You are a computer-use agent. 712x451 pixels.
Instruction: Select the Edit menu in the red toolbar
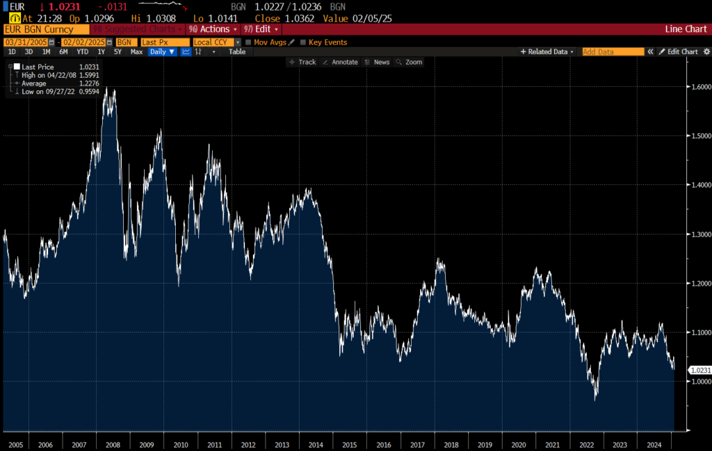click(x=261, y=29)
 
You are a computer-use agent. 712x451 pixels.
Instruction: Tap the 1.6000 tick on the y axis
click(x=699, y=87)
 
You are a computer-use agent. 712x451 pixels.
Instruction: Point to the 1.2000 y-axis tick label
click(x=699, y=284)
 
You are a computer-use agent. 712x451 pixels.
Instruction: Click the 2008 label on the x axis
click(x=113, y=444)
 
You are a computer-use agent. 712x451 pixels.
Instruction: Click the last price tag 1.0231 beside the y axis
click(x=700, y=370)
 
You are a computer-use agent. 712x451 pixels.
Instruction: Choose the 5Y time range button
click(x=118, y=52)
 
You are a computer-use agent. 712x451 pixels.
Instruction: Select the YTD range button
click(x=82, y=52)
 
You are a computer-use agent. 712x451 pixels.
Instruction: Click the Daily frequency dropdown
click(x=162, y=52)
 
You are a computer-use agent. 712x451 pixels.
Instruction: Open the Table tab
click(x=237, y=52)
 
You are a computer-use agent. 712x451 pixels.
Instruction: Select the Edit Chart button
click(x=679, y=52)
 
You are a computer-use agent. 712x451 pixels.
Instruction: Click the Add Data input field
click(x=613, y=52)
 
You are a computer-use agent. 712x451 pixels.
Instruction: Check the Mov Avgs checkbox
click(x=248, y=42)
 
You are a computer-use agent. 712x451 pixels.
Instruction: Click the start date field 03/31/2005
click(x=26, y=42)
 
